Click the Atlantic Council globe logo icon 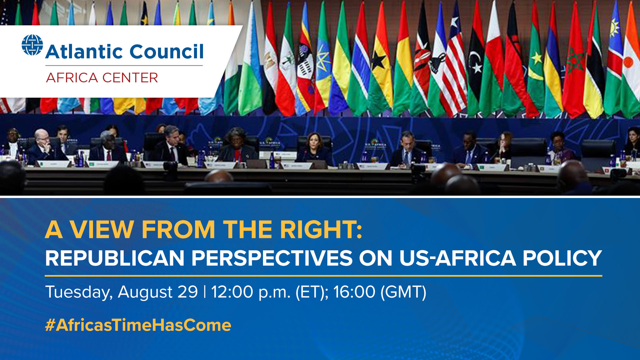click(x=32, y=45)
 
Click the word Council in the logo click(x=166, y=52)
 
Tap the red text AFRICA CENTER click(x=102, y=78)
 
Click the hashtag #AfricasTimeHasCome click(x=138, y=325)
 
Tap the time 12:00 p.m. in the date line click(x=251, y=292)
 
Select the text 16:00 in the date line click(x=354, y=292)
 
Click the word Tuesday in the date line click(x=79, y=292)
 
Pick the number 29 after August click(x=188, y=292)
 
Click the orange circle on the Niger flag click(x=628, y=62)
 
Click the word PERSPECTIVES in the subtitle click(x=272, y=258)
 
